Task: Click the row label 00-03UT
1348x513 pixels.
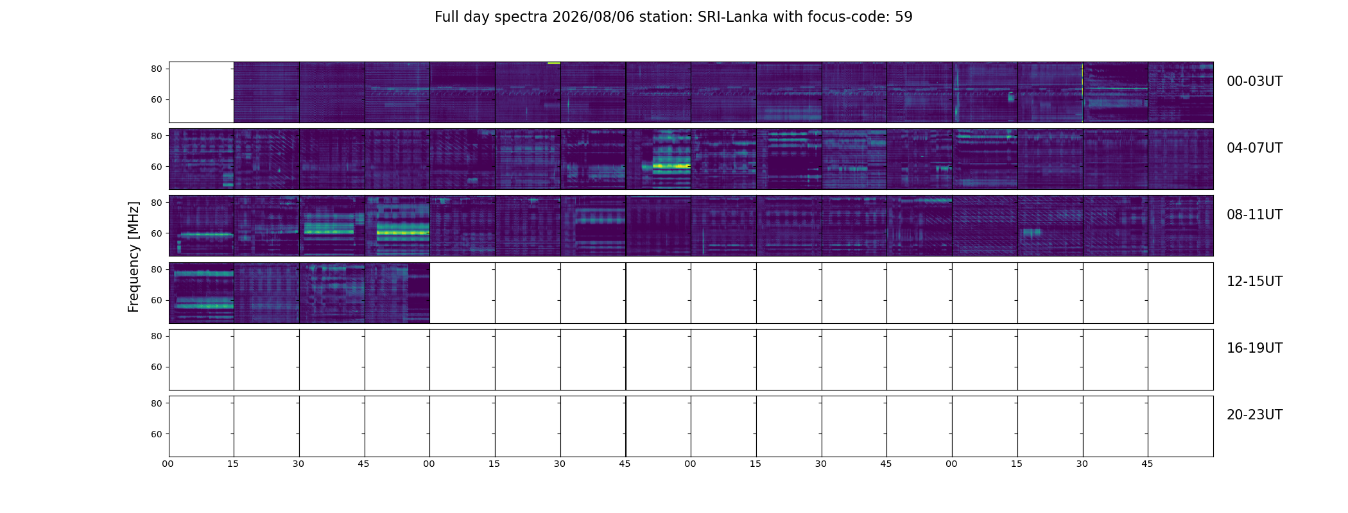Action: [1254, 81]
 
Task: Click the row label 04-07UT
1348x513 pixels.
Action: [1254, 148]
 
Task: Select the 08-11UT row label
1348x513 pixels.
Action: [1254, 215]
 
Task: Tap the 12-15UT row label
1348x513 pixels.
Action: [1254, 282]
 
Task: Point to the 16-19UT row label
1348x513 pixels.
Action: [1254, 348]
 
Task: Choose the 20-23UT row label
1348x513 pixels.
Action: [1254, 415]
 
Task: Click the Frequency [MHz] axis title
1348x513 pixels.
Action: [134, 256]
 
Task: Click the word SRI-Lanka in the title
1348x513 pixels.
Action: [732, 17]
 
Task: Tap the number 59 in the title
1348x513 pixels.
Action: [904, 17]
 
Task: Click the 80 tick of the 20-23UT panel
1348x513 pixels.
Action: [156, 403]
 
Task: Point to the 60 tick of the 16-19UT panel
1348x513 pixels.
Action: [156, 367]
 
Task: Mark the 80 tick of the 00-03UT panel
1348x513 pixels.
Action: [156, 69]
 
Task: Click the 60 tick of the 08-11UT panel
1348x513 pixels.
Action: [156, 233]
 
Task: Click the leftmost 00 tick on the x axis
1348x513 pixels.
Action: [168, 464]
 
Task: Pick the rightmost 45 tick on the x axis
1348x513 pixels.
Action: [1147, 464]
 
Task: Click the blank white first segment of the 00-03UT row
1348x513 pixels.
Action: [201, 92]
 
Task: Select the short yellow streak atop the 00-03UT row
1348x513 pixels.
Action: [553, 63]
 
